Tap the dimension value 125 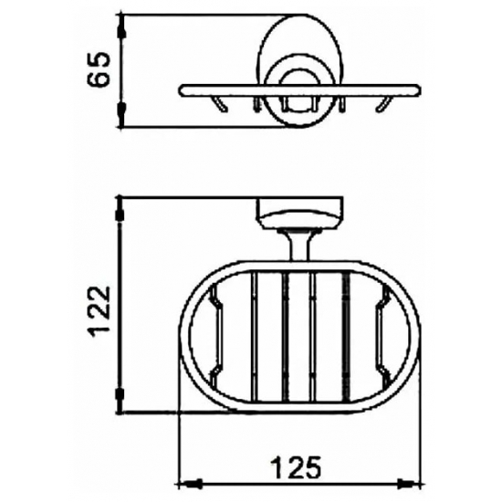[298, 468]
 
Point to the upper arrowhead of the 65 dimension [121, 20]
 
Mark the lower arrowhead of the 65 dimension [121, 119]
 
